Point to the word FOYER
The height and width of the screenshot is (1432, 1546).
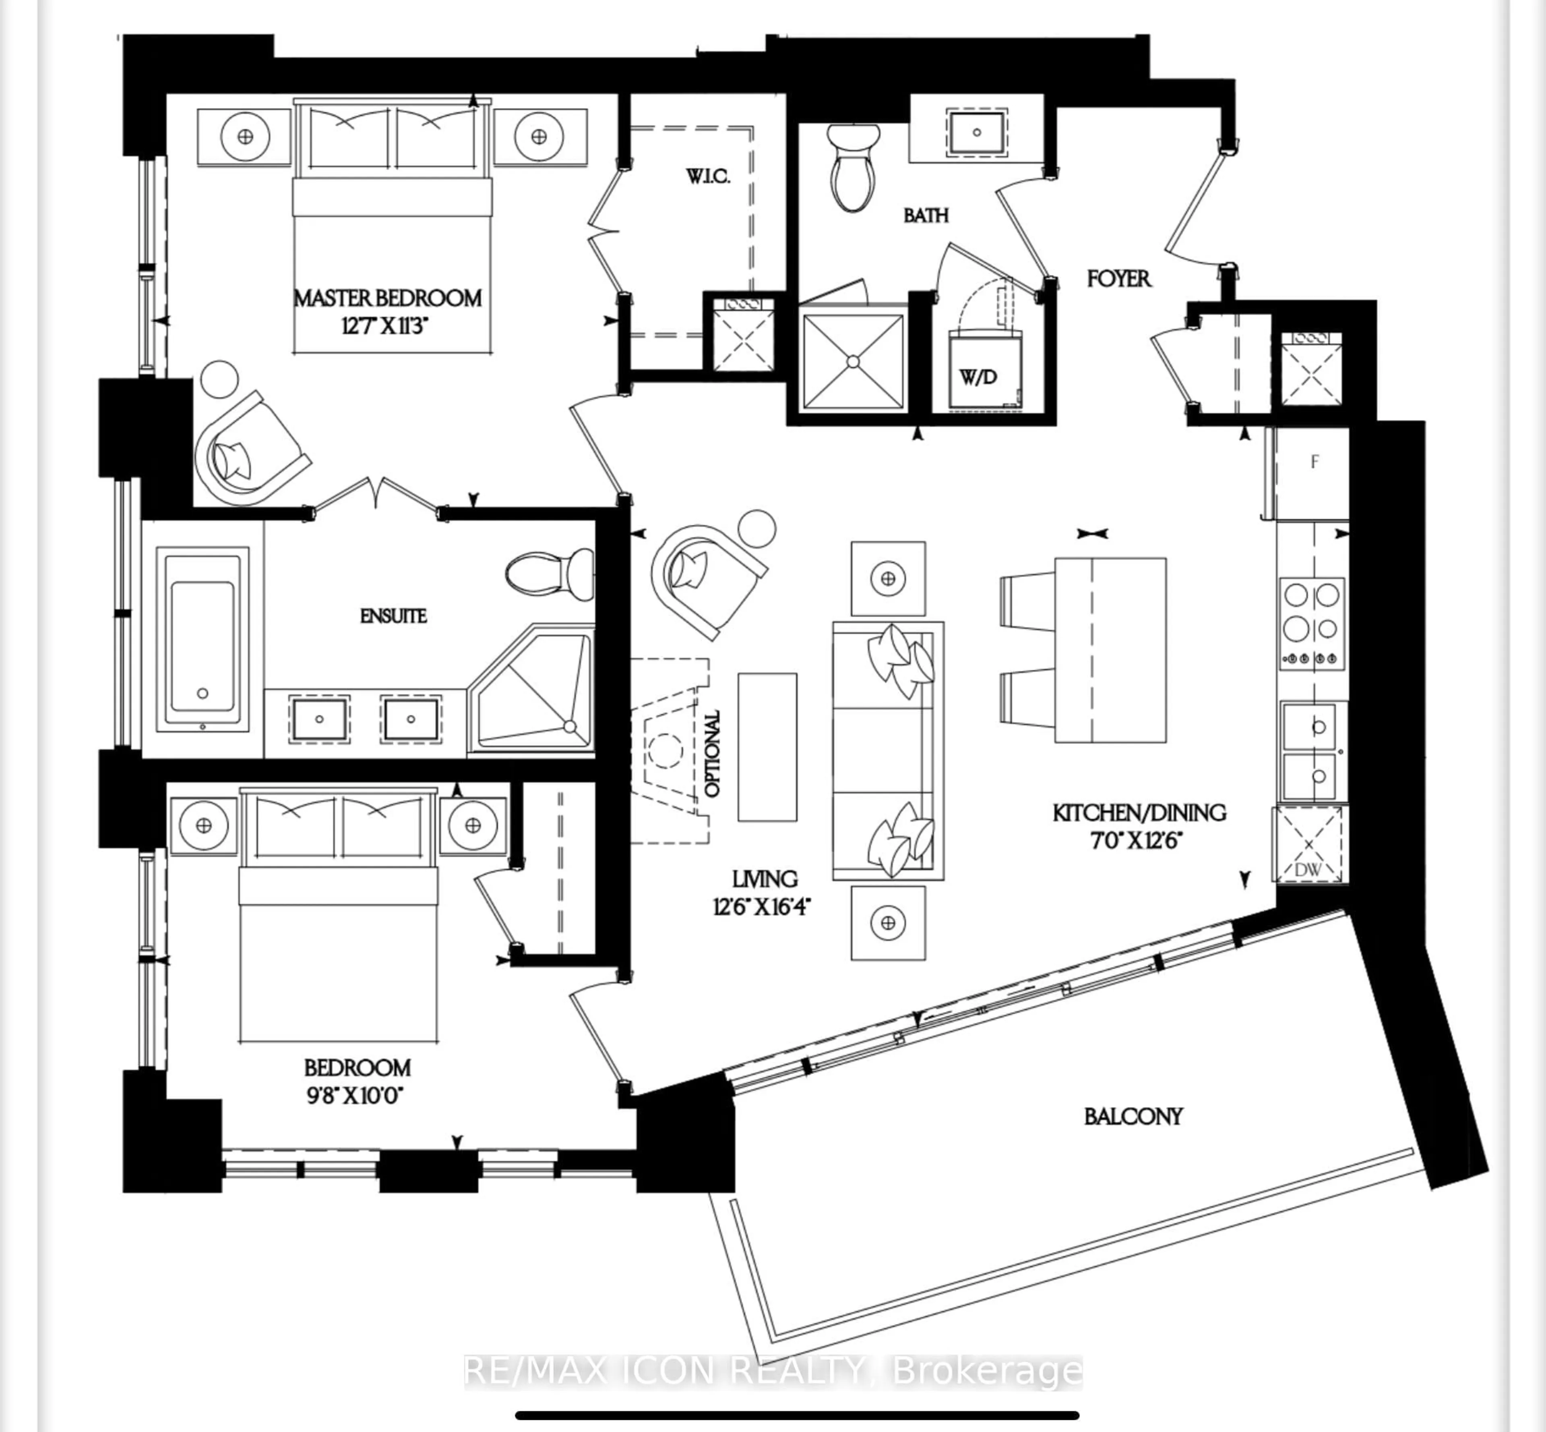[1118, 279]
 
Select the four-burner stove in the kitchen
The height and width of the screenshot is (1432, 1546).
[1311, 624]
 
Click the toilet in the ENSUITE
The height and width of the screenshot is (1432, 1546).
[548, 574]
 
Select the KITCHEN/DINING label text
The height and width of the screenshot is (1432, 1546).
[1138, 813]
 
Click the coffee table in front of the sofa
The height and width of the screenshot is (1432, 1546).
[767, 746]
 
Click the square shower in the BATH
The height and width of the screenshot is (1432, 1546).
[853, 361]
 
